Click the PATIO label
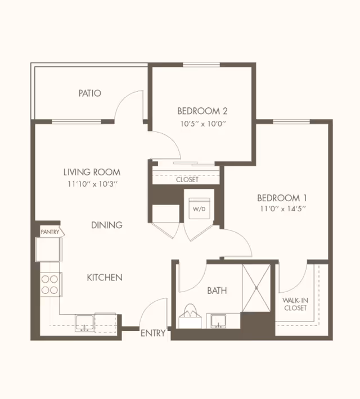click(x=89, y=93)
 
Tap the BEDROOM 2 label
click(x=202, y=111)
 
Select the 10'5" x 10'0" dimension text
click(x=203, y=124)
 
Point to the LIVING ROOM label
click(x=92, y=173)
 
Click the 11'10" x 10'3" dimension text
click(x=92, y=184)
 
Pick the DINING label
click(x=107, y=225)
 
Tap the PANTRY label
click(x=50, y=232)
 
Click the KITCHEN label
click(x=105, y=278)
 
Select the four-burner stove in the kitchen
click(x=51, y=284)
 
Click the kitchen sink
click(x=84, y=323)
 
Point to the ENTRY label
click(x=153, y=333)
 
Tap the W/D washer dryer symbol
click(x=199, y=208)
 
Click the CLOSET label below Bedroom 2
click(x=187, y=180)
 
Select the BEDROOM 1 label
click(x=282, y=198)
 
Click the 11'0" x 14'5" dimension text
click(x=283, y=209)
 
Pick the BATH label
click(x=217, y=291)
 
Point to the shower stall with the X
click(x=256, y=288)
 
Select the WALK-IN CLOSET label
click(x=295, y=304)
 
